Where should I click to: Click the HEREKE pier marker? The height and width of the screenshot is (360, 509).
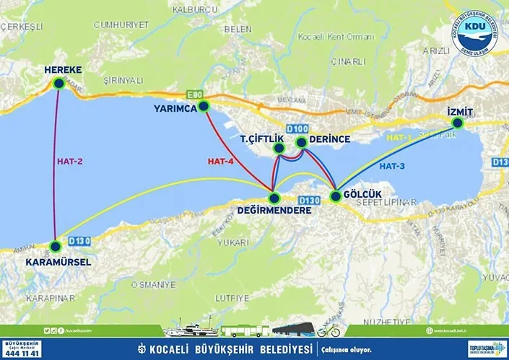(58, 84)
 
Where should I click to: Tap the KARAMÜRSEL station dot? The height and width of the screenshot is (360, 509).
(56, 246)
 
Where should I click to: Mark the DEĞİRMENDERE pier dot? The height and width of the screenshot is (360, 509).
(273, 198)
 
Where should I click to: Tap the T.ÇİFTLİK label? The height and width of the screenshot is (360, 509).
(261, 138)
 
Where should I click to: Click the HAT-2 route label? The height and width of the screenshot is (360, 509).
(70, 162)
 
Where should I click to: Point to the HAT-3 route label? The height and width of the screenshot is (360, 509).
(392, 167)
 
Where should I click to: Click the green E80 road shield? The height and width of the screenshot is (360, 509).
(194, 95)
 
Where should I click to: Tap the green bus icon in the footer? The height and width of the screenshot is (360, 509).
(245, 332)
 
